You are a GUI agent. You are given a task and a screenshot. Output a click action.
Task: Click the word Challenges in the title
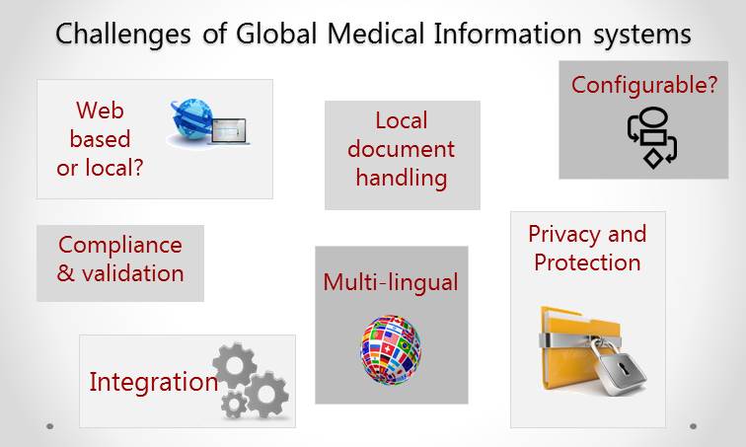click(x=123, y=36)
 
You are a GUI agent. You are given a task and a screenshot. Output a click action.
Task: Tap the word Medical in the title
click(x=375, y=34)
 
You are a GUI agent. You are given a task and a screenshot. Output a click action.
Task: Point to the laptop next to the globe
click(x=229, y=131)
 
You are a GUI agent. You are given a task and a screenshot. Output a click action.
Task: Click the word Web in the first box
click(x=100, y=111)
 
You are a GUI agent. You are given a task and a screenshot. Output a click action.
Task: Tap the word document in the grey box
click(x=401, y=149)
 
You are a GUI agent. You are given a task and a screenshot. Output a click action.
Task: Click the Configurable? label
click(x=644, y=86)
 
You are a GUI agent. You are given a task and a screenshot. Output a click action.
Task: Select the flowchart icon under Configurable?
click(x=652, y=137)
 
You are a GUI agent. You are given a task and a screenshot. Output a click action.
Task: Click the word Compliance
click(x=120, y=246)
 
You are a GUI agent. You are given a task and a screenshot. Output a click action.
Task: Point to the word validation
click(x=133, y=273)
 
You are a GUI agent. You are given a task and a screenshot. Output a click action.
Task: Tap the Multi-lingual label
click(x=391, y=282)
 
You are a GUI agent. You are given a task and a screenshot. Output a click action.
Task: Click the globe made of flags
click(x=391, y=349)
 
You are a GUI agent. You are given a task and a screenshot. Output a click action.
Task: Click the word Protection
click(x=587, y=262)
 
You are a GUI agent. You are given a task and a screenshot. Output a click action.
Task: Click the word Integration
click(x=154, y=382)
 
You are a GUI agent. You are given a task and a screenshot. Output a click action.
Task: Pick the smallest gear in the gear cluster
click(x=234, y=405)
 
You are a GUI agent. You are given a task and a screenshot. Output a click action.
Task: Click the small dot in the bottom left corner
click(x=50, y=426)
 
